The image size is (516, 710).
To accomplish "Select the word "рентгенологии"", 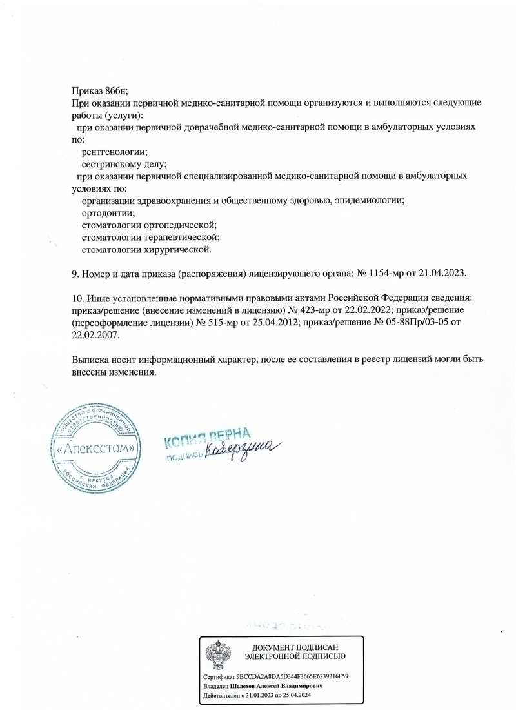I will [115, 152].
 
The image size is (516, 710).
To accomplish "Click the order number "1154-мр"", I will [386, 273].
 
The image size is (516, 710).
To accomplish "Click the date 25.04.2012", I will [266, 322].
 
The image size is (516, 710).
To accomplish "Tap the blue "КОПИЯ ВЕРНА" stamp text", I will [207, 440].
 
